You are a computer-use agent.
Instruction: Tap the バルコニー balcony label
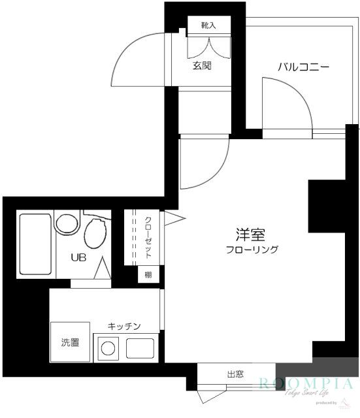(303, 67)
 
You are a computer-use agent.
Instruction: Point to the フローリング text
(252, 249)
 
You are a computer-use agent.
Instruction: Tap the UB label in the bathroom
(79, 257)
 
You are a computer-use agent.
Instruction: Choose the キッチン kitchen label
(125, 325)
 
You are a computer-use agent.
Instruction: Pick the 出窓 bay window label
(236, 374)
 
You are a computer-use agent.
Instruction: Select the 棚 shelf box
(148, 275)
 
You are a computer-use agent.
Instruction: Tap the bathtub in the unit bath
(36, 243)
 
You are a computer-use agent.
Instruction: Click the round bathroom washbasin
(66, 224)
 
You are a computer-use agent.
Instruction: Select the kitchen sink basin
(140, 349)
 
